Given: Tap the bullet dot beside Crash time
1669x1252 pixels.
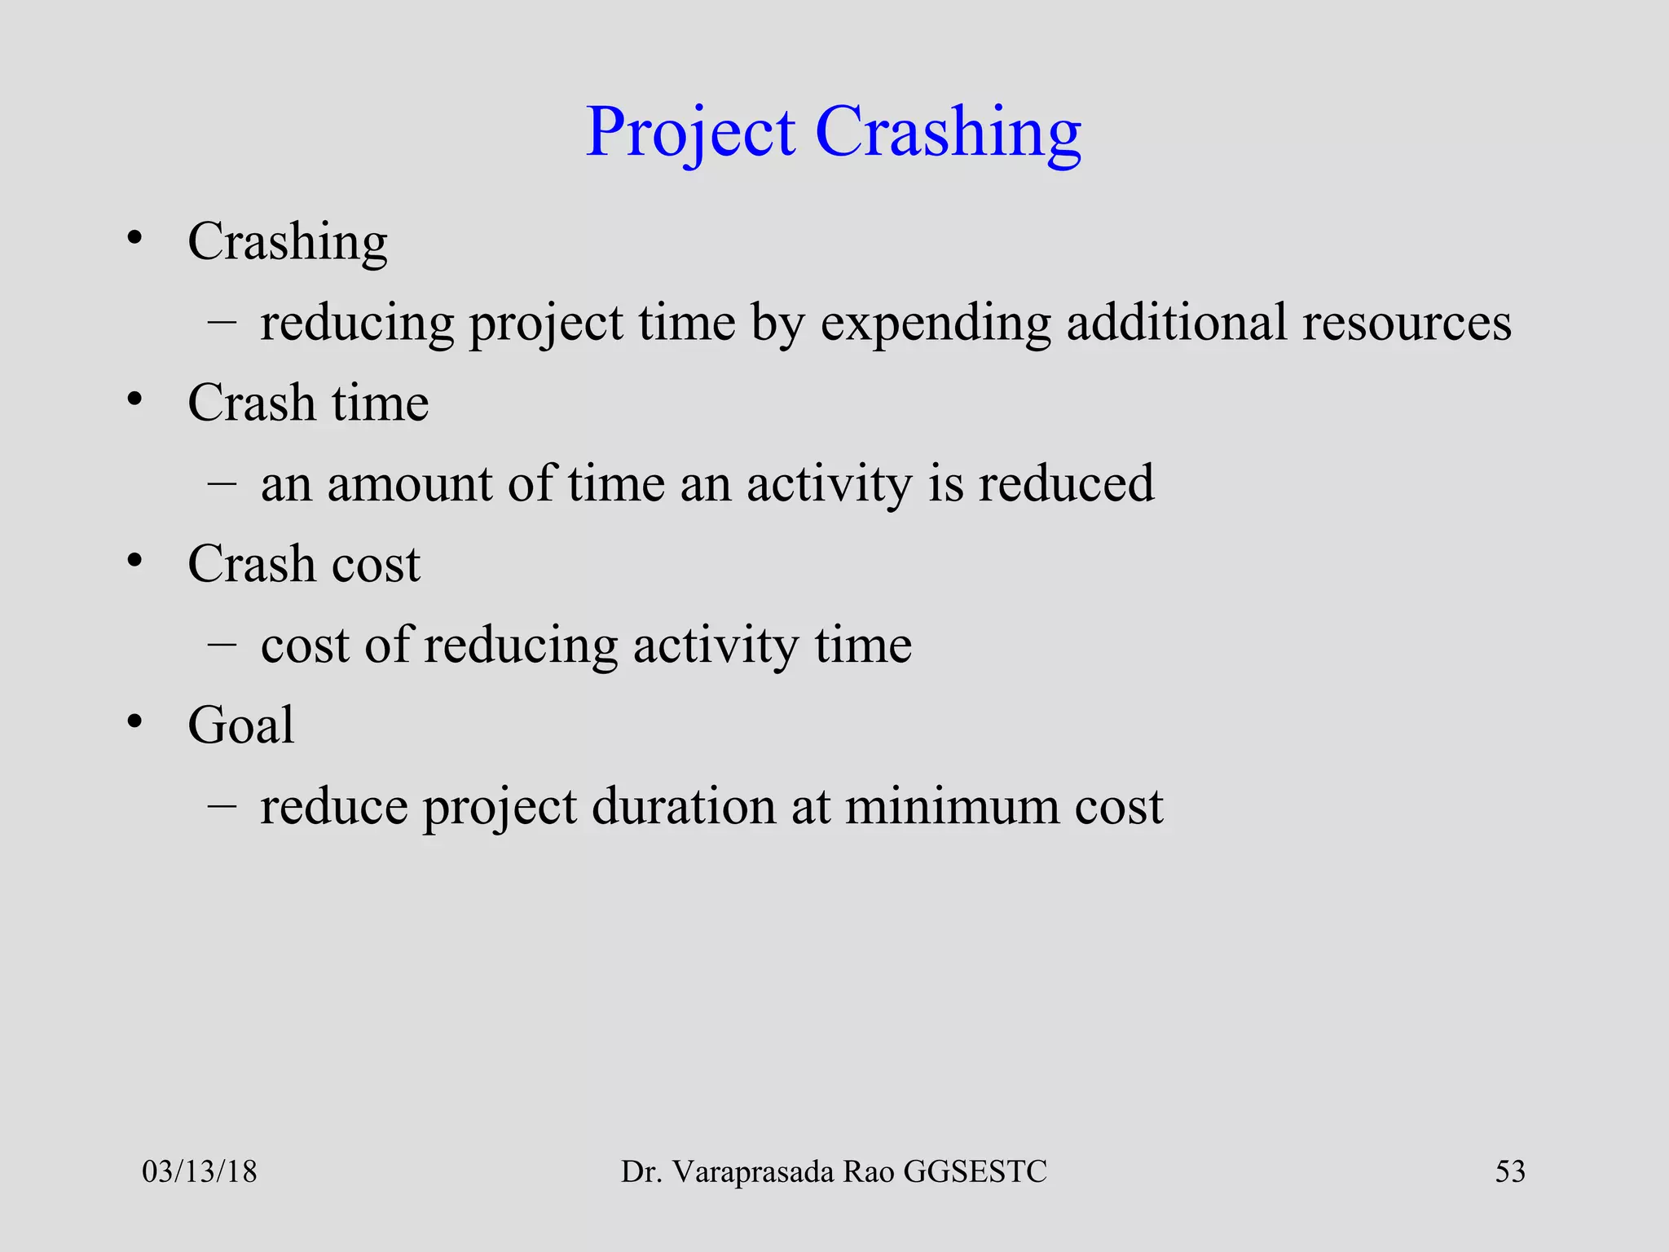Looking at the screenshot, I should (134, 399).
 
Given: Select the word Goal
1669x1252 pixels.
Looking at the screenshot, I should (240, 725).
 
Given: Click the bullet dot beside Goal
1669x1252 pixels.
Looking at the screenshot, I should (134, 722).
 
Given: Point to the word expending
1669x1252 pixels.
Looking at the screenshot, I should (936, 324).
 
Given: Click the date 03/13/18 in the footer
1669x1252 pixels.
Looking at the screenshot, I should (199, 1171).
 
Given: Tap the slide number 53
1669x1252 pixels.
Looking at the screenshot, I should (1509, 1171).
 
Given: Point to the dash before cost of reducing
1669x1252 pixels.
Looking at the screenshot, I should (222, 643).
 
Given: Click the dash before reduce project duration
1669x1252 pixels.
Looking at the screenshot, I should (222, 805).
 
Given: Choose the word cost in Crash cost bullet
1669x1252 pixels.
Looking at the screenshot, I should (376, 564).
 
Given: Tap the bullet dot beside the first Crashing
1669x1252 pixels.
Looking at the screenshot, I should (134, 239).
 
